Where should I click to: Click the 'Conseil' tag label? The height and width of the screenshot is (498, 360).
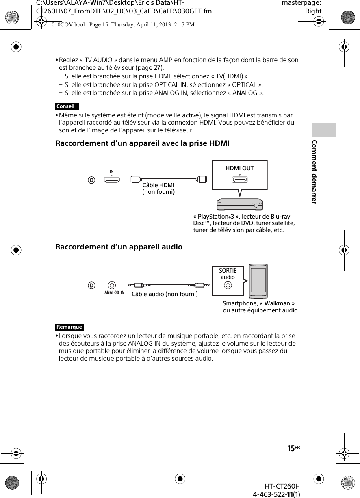click(66, 106)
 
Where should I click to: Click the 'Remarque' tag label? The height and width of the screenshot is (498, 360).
click(69, 327)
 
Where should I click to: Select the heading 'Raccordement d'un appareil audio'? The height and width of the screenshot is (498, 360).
click(119, 247)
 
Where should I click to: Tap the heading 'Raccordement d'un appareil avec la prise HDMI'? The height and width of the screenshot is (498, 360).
click(142, 143)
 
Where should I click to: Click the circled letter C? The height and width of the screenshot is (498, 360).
click(92, 180)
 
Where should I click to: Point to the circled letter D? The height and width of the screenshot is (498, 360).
click(92, 286)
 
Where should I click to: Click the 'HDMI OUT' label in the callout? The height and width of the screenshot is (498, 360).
click(240, 168)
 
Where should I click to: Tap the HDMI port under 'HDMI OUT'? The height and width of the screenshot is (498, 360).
click(240, 180)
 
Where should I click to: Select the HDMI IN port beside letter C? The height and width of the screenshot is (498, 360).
click(111, 180)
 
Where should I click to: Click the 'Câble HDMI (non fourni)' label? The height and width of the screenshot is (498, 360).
click(158, 188)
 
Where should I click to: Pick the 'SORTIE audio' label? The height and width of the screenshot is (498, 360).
click(228, 274)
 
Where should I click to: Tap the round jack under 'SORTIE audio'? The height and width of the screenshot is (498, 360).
click(228, 286)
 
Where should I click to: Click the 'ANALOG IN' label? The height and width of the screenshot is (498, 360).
click(114, 292)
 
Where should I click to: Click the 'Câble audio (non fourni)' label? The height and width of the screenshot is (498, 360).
click(165, 294)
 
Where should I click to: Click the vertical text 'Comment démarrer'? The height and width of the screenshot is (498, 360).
click(314, 171)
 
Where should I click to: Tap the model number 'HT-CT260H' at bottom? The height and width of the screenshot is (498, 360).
click(282, 486)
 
